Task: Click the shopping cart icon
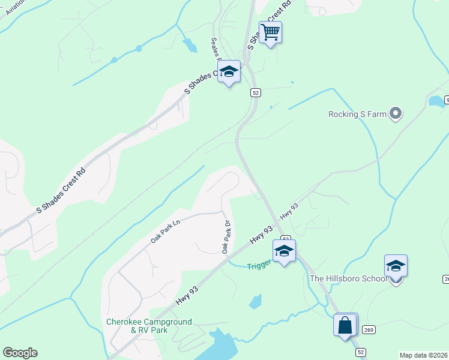(271, 32)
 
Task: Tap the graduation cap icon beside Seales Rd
(229, 72)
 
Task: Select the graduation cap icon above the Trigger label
(284, 251)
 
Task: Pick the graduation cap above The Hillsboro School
(396, 266)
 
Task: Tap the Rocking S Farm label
(358, 114)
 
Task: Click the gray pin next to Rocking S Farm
(396, 113)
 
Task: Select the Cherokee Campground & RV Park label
(149, 326)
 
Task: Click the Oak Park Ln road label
(166, 230)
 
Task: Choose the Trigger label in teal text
(259, 263)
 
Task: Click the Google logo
(20, 353)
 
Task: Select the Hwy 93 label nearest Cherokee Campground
(188, 294)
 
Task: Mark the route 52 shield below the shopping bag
(360, 352)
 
